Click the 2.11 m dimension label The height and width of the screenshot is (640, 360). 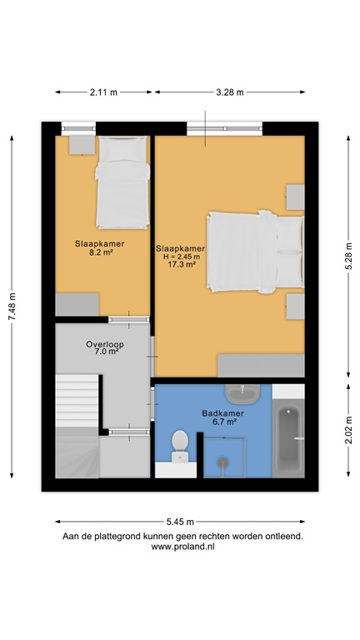pyautogui.click(x=102, y=92)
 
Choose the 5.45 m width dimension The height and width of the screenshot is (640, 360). pyautogui.click(x=180, y=522)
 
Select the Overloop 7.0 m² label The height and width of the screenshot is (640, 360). pyautogui.click(x=103, y=348)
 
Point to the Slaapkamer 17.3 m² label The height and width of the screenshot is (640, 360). pyautogui.click(x=180, y=256)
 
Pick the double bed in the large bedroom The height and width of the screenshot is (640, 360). pyautogui.click(x=254, y=252)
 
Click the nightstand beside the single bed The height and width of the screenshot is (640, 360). pyautogui.click(x=80, y=144)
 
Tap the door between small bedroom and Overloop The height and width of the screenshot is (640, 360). pyautogui.click(x=129, y=319)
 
